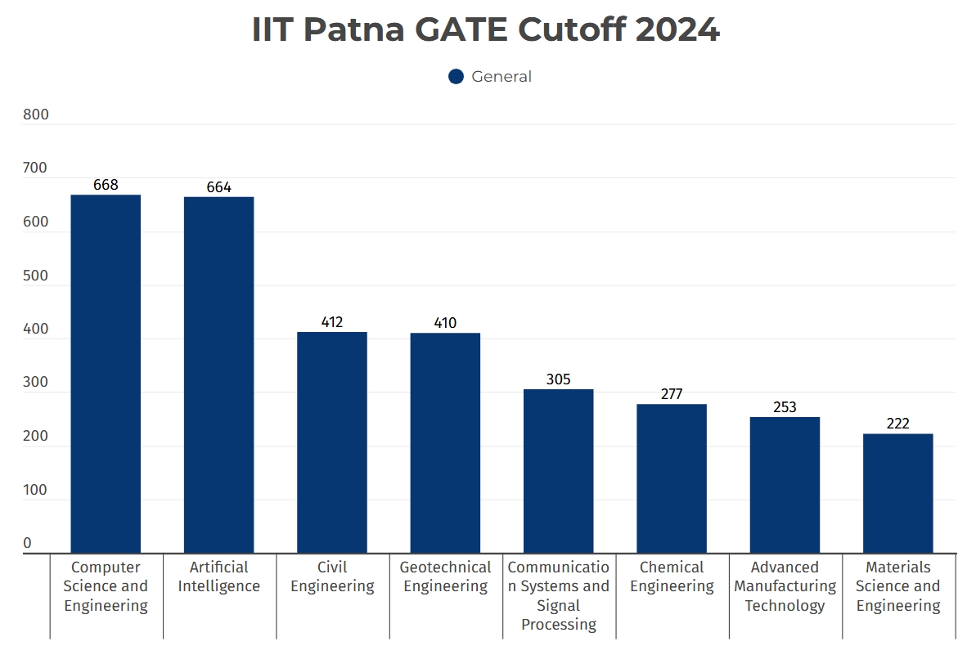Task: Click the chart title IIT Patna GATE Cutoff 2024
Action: pos(486,30)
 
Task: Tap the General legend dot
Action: pos(457,77)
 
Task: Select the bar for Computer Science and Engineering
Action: pos(106,374)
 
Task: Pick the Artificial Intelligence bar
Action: pos(218,375)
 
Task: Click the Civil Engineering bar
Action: pos(332,442)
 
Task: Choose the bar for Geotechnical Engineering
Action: pos(445,443)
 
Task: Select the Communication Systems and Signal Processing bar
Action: pos(559,471)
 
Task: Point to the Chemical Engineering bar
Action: pos(672,478)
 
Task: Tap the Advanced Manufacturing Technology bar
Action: pos(785,485)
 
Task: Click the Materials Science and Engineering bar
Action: pos(897,493)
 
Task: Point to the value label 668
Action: pos(106,185)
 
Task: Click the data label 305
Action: pos(559,379)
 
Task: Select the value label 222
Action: pos(897,424)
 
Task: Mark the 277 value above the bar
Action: pos(672,394)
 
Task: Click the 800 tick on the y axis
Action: pos(36,115)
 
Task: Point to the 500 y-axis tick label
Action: pos(36,276)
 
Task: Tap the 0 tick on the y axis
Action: pos(27,544)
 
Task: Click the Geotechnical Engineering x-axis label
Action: pos(445,576)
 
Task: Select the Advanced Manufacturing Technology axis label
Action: pos(785,586)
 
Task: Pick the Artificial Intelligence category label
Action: pos(218,576)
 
